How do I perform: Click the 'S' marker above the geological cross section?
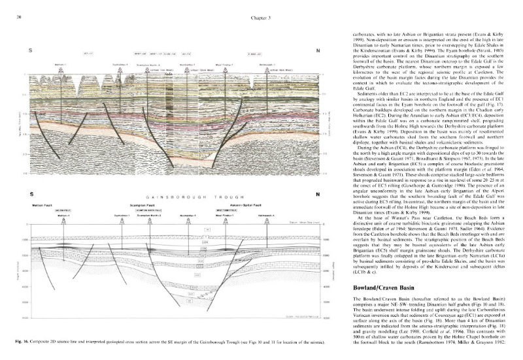point(31,194)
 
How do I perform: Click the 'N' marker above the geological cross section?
point(317,194)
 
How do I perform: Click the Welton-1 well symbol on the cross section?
point(63,220)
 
